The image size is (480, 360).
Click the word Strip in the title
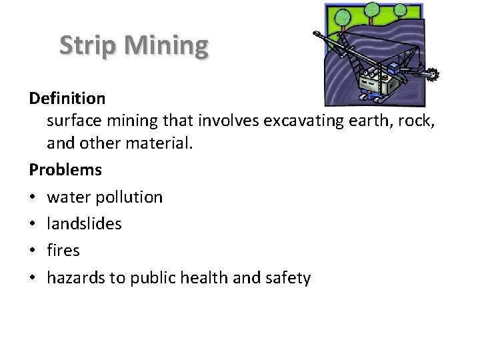(87, 45)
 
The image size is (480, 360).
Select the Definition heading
(67, 99)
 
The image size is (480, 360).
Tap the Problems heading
(65, 169)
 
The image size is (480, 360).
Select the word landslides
(84, 223)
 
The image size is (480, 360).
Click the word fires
(63, 251)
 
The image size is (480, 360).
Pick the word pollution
(127, 197)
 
